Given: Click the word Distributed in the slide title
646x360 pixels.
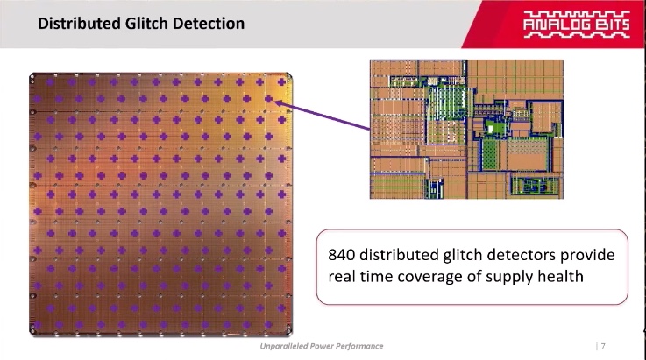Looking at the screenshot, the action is pos(80,24).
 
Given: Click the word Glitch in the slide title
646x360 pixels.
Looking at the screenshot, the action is pos(146,24).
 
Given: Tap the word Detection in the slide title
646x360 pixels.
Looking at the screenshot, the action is pos(209,24).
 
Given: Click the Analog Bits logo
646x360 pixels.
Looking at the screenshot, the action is pos(577,25).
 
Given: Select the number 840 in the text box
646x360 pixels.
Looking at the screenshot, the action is pos(342,255).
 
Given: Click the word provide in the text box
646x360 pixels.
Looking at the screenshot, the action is pos(587,256).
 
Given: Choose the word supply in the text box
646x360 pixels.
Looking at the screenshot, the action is pos(508,278).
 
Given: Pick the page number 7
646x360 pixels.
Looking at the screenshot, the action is pos(603,346).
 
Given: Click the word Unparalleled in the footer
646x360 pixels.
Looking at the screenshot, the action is pos(283,346).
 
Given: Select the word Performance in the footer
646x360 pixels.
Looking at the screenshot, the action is pos(359,346).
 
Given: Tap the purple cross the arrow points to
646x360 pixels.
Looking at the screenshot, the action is pos(268,99).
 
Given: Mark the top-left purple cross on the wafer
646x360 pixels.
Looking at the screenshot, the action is pos(50,82).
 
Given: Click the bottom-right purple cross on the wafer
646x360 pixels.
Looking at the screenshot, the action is pos(268,325).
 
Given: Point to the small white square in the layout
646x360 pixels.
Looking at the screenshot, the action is pos(491,129).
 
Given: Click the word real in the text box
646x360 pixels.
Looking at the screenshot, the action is pos(341,277).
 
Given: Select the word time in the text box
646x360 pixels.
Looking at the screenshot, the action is pos(375,277).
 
